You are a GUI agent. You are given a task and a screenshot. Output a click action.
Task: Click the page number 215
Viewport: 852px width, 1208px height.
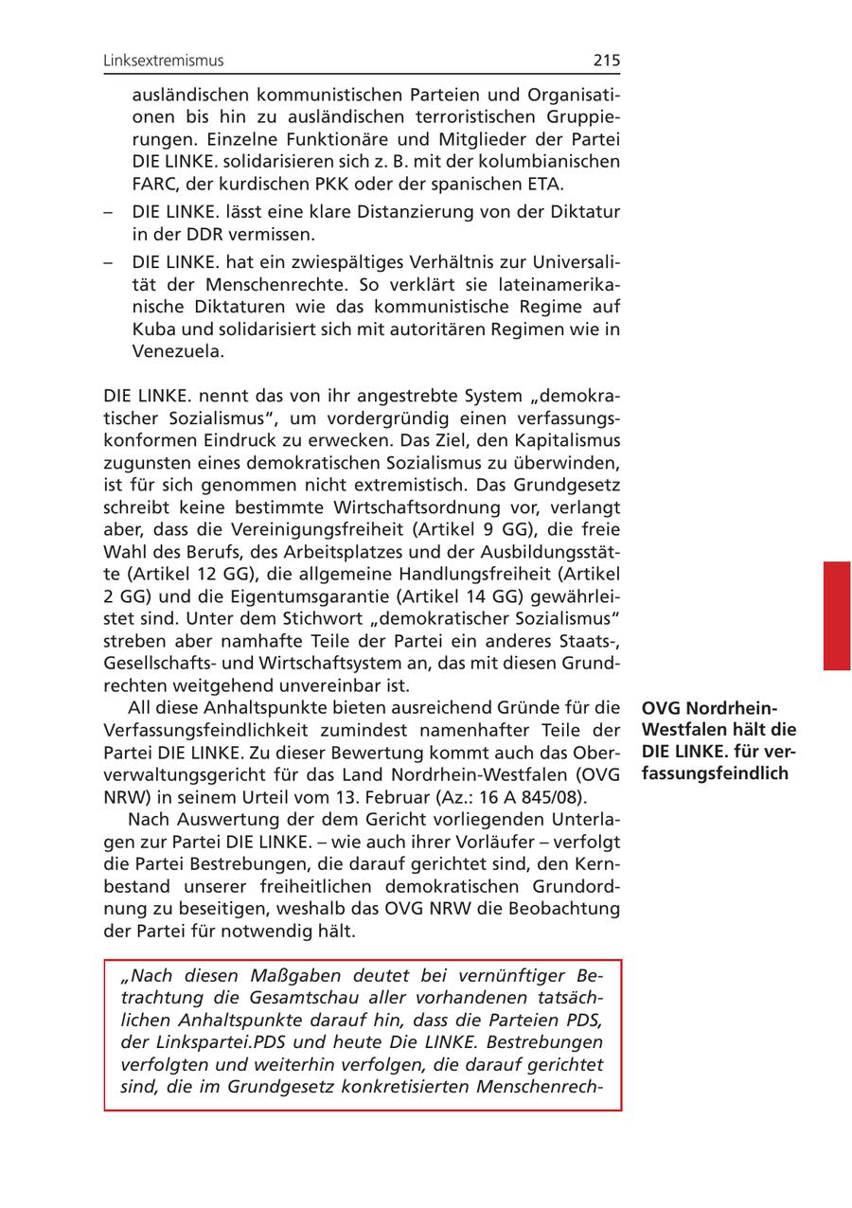point(607,61)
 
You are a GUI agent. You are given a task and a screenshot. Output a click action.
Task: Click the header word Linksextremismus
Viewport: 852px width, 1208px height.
point(164,61)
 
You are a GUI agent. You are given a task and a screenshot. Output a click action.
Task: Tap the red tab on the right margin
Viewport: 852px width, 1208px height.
point(836,615)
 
